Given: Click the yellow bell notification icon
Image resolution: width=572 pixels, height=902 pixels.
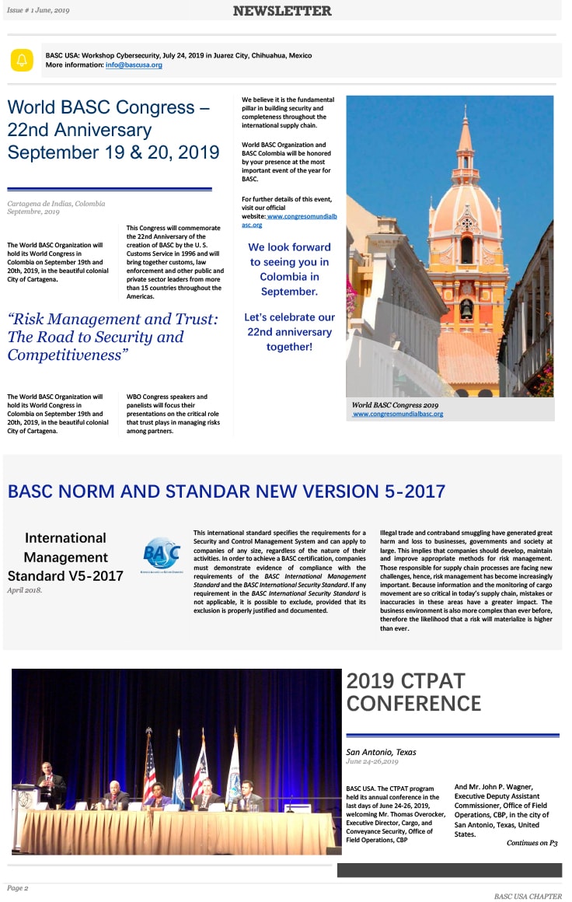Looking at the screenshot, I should pyautogui.click(x=22, y=60).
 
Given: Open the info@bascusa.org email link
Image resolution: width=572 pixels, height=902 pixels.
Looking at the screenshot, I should pyautogui.click(x=134, y=65).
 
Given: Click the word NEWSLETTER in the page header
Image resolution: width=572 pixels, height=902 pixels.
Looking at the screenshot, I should pyautogui.click(x=282, y=11).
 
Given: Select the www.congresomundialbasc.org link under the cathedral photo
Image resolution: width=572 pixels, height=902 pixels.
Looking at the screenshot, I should pyautogui.click(x=398, y=414).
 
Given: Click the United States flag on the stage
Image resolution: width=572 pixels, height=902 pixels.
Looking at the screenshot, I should pyautogui.click(x=149, y=770).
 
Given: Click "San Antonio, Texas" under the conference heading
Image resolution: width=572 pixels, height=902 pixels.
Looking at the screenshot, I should pyautogui.click(x=381, y=752).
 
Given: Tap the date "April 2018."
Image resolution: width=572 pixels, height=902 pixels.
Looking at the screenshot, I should pyautogui.click(x=26, y=590).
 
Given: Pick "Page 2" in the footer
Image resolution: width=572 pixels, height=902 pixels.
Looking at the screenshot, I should pyautogui.click(x=18, y=887).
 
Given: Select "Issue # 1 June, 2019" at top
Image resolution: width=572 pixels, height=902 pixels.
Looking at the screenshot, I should pyautogui.click(x=38, y=10).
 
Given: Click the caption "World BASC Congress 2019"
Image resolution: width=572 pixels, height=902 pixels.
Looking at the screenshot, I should pyautogui.click(x=395, y=405).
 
